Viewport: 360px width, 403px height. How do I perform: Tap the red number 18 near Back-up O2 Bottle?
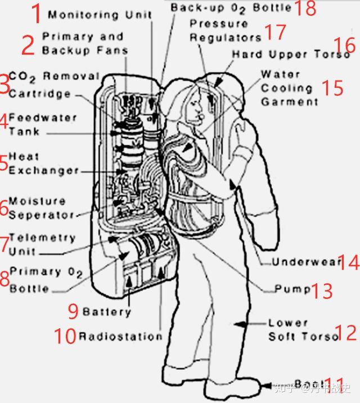tap(305, 8)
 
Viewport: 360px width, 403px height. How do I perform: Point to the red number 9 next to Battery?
tap(73, 310)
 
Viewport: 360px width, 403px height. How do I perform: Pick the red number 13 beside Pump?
tap(322, 290)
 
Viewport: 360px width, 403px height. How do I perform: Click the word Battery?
tap(106, 311)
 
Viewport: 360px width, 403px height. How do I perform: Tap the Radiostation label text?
tap(120, 337)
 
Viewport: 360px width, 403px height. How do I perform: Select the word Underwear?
tap(307, 262)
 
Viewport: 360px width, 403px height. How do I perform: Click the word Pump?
tap(292, 289)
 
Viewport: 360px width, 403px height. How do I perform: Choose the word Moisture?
tap(37, 201)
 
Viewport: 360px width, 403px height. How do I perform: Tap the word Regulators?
tap(226, 38)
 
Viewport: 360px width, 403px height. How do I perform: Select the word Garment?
tap(290, 102)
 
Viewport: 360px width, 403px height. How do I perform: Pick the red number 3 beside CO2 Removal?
tap(4, 84)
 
